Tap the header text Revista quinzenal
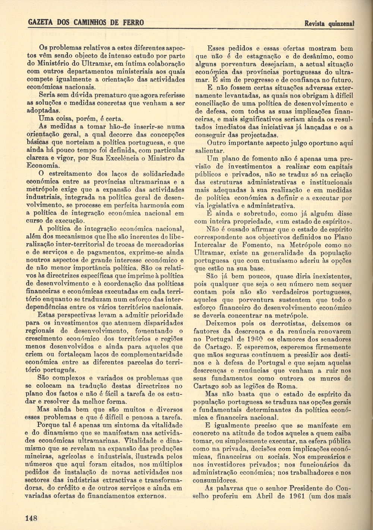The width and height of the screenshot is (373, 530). coord(329,24)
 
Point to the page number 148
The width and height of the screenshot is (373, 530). coord(31,518)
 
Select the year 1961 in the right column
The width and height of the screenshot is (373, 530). coord(298,496)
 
